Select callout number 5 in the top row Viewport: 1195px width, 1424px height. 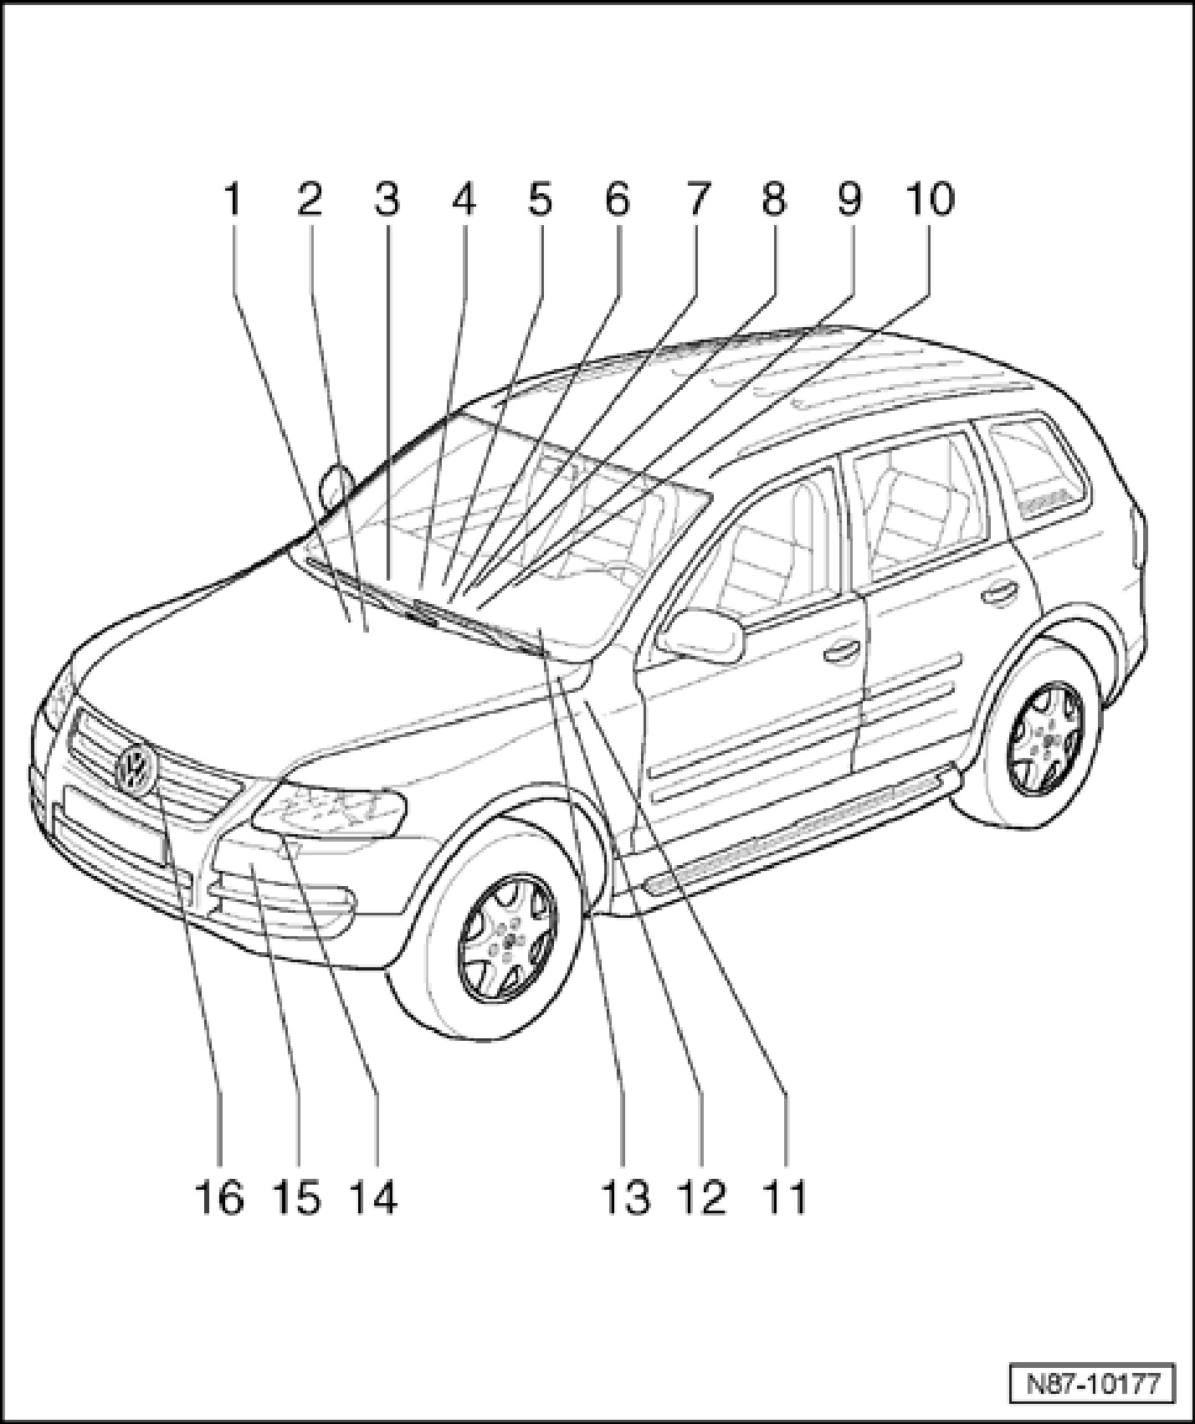click(x=540, y=201)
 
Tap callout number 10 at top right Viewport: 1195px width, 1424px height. click(x=929, y=201)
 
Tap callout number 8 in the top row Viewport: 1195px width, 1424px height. click(x=772, y=201)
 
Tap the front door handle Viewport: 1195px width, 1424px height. click(x=843, y=652)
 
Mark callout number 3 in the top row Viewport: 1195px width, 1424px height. click(x=386, y=201)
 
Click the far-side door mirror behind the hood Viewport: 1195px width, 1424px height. click(x=336, y=485)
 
